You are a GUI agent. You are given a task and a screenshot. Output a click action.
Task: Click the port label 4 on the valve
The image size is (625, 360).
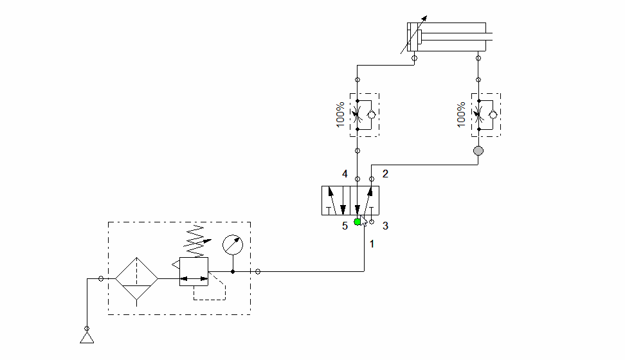[x=345, y=174]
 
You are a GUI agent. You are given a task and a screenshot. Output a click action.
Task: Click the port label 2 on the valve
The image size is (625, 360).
[x=385, y=174]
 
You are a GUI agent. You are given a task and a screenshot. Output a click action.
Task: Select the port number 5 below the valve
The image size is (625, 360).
[x=345, y=226]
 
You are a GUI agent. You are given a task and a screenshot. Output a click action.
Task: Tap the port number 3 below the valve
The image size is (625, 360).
[x=385, y=226]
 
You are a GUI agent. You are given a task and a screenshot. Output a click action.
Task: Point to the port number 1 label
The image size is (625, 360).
[x=372, y=244]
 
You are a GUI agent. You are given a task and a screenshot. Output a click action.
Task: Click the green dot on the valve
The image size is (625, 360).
[x=358, y=222]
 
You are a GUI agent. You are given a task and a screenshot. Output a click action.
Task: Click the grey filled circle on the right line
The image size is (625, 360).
[x=478, y=151]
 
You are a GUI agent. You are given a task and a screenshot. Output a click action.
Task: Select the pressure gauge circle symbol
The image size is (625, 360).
[x=232, y=246]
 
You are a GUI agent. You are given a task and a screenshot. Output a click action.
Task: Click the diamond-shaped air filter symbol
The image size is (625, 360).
[x=136, y=279]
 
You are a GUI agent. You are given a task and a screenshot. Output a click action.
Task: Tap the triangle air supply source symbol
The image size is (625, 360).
[x=87, y=337]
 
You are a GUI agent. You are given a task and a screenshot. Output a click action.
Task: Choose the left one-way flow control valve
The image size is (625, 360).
[x=364, y=115]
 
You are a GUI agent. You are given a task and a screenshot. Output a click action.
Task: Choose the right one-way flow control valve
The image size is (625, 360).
[x=485, y=115]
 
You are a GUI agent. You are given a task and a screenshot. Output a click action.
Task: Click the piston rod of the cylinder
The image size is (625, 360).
[x=457, y=37]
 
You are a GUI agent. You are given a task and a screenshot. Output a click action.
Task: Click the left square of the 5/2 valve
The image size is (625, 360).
[x=336, y=201]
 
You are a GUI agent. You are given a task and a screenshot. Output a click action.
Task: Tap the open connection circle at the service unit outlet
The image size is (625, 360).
[x=258, y=271]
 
